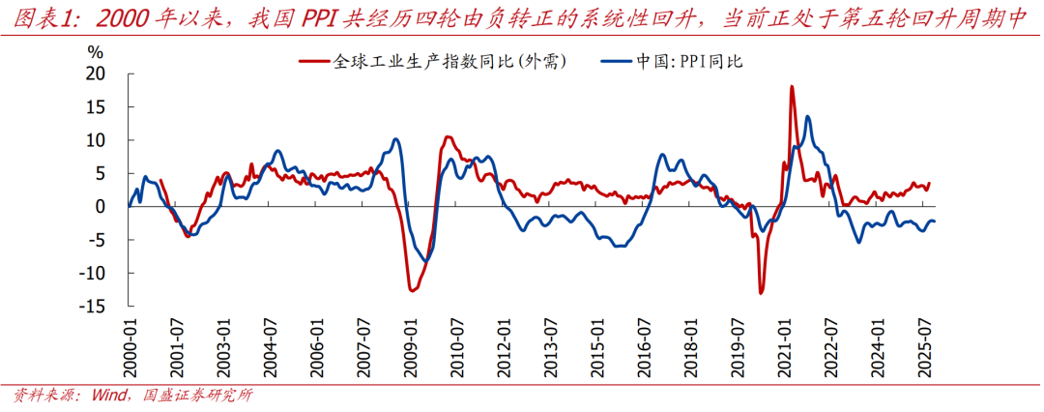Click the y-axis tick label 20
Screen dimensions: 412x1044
(x=95, y=74)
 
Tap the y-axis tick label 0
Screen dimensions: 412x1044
(x=100, y=206)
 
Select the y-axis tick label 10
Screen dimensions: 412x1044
(x=95, y=140)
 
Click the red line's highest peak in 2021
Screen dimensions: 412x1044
(x=792, y=87)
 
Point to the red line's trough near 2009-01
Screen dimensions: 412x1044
(x=412, y=290)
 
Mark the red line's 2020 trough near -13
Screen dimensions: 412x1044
(x=761, y=292)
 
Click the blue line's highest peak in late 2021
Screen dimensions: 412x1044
(x=807, y=117)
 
